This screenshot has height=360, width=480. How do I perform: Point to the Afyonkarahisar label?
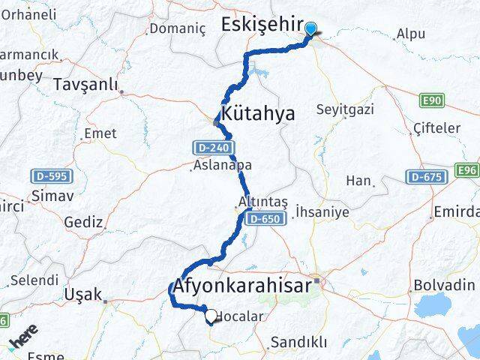pos(243,286)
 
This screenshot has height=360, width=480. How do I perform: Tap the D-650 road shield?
pos(265,218)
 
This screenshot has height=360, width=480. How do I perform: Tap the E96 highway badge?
pos(467,171)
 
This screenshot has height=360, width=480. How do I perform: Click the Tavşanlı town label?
pos(85,85)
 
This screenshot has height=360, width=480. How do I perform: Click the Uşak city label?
pos(83,294)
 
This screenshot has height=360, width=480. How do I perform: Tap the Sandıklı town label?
pos(298,342)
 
